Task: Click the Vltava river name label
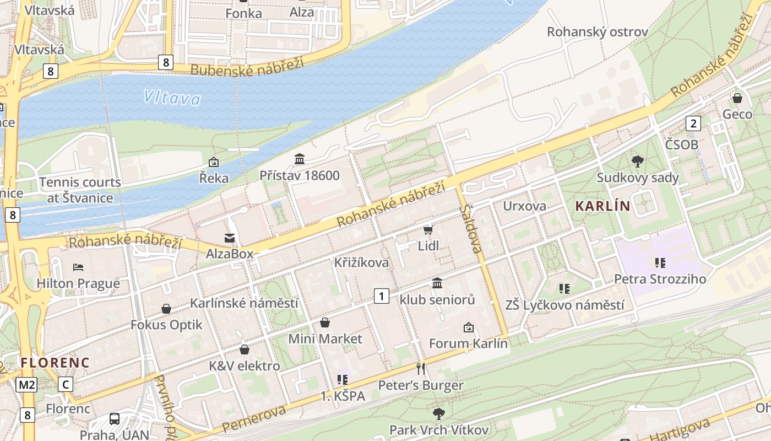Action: [172, 98]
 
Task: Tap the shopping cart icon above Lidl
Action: [428, 230]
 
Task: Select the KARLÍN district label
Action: [602, 206]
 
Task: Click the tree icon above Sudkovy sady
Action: [638, 162]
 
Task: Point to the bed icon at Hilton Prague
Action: [78, 267]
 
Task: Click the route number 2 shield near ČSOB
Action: [693, 123]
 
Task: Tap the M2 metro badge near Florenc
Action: [26, 384]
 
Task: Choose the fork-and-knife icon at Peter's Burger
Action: [421, 368]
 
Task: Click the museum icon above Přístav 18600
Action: [300, 160]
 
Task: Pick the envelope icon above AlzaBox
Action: [230, 238]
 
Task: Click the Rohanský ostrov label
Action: [597, 32]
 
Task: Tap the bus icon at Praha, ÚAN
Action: [115, 418]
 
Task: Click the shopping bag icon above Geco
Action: [737, 98]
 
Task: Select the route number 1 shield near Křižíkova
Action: [381, 295]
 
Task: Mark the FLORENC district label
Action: [55, 363]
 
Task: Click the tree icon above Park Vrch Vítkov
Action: [439, 413]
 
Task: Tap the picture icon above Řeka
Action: [214, 162]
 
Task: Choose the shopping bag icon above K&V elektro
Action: [245, 349]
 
